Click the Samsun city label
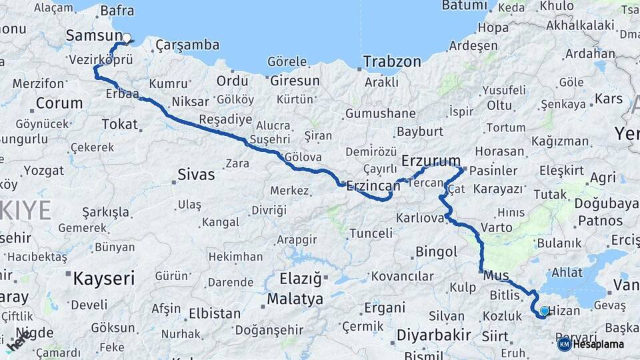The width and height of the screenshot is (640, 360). (x=93, y=36)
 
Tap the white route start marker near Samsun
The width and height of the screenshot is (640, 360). (x=126, y=39)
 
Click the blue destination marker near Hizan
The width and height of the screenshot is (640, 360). (x=545, y=311)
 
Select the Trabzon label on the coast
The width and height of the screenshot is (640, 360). (x=392, y=62)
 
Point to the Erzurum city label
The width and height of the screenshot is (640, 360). (x=431, y=161)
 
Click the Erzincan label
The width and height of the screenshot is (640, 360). (x=373, y=187)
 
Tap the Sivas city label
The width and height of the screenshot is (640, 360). (x=196, y=175)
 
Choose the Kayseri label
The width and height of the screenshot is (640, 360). (x=103, y=278)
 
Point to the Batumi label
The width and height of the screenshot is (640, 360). (x=465, y=6)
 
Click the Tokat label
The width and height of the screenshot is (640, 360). (x=119, y=124)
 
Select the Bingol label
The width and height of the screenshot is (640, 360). (x=436, y=252)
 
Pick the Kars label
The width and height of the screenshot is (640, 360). (x=608, y=99)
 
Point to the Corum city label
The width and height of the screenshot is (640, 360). (x=59, y=103)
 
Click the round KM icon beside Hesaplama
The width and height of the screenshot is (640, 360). (x=564, y=345)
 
